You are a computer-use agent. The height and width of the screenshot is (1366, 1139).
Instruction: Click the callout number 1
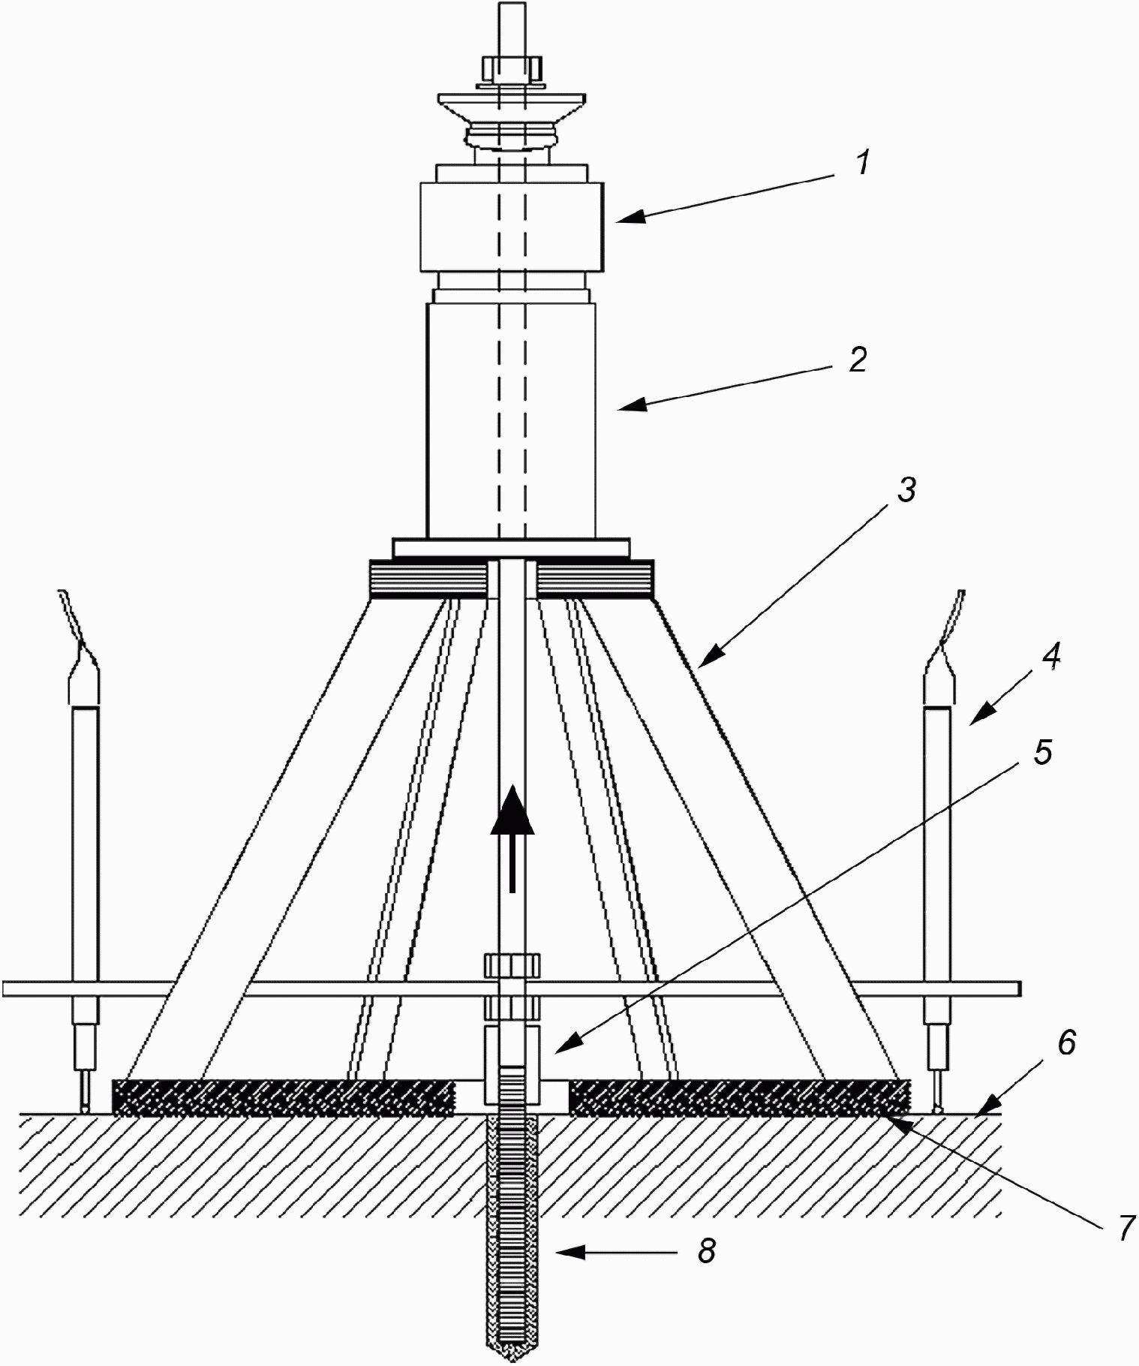click(x=864, y=162)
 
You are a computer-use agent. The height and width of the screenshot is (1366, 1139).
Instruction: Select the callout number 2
click(x=858, y=360)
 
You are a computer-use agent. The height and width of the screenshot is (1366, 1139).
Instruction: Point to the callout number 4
click(x=1051, y=657)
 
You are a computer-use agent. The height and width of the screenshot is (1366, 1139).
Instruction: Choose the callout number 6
click(x=1066, y=1043)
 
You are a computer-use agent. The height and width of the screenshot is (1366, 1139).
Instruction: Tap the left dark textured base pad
click(x=283, y=1098)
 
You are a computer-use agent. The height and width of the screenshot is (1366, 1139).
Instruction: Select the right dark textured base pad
click(x=739, y=1098)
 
